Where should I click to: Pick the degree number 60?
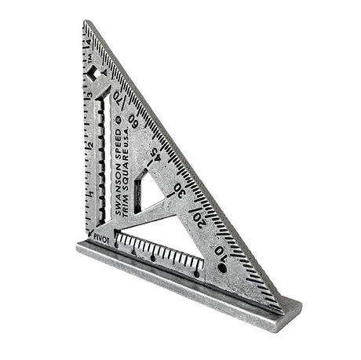(x=134, y=122)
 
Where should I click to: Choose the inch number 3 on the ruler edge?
(x=90, y=96)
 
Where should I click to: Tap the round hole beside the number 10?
(x=222, y=267)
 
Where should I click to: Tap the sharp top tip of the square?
(x=85, y=23)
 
